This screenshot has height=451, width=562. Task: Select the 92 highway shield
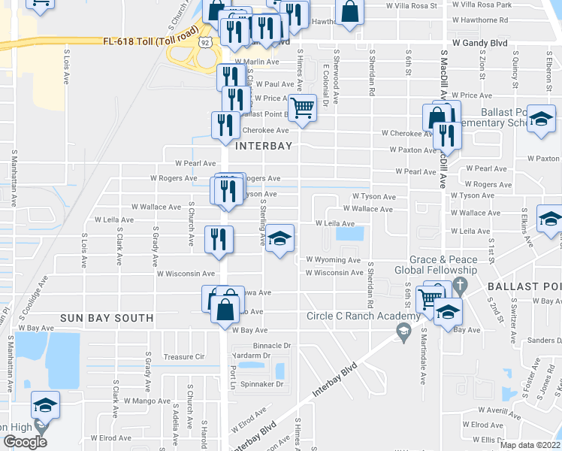point(206,44)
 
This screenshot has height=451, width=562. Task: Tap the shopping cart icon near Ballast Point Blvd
point(302,107)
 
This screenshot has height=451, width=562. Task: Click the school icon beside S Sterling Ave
point(279,238)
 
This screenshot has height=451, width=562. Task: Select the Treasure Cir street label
point(183,357)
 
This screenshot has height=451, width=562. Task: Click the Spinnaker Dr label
point(262,384)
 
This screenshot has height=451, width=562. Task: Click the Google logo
point(24,442)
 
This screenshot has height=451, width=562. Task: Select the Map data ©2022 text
point(529,445)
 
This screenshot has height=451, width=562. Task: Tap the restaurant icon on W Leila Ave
point(217,239)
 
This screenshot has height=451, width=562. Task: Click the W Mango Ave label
point(147,401)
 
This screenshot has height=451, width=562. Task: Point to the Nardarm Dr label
point(252,356)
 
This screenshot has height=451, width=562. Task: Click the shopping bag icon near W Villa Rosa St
point(349,12)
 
